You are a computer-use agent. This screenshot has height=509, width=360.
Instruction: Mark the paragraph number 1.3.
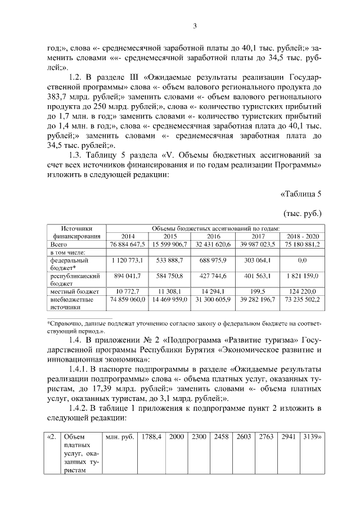tap(75, 155)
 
